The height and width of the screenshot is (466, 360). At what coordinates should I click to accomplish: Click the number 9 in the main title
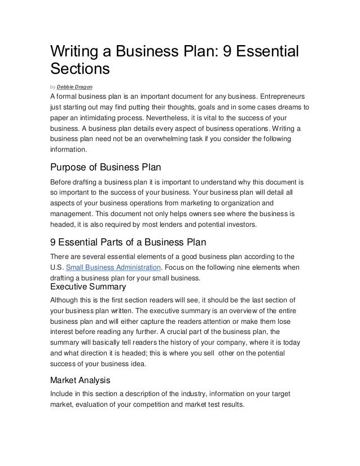229,52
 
